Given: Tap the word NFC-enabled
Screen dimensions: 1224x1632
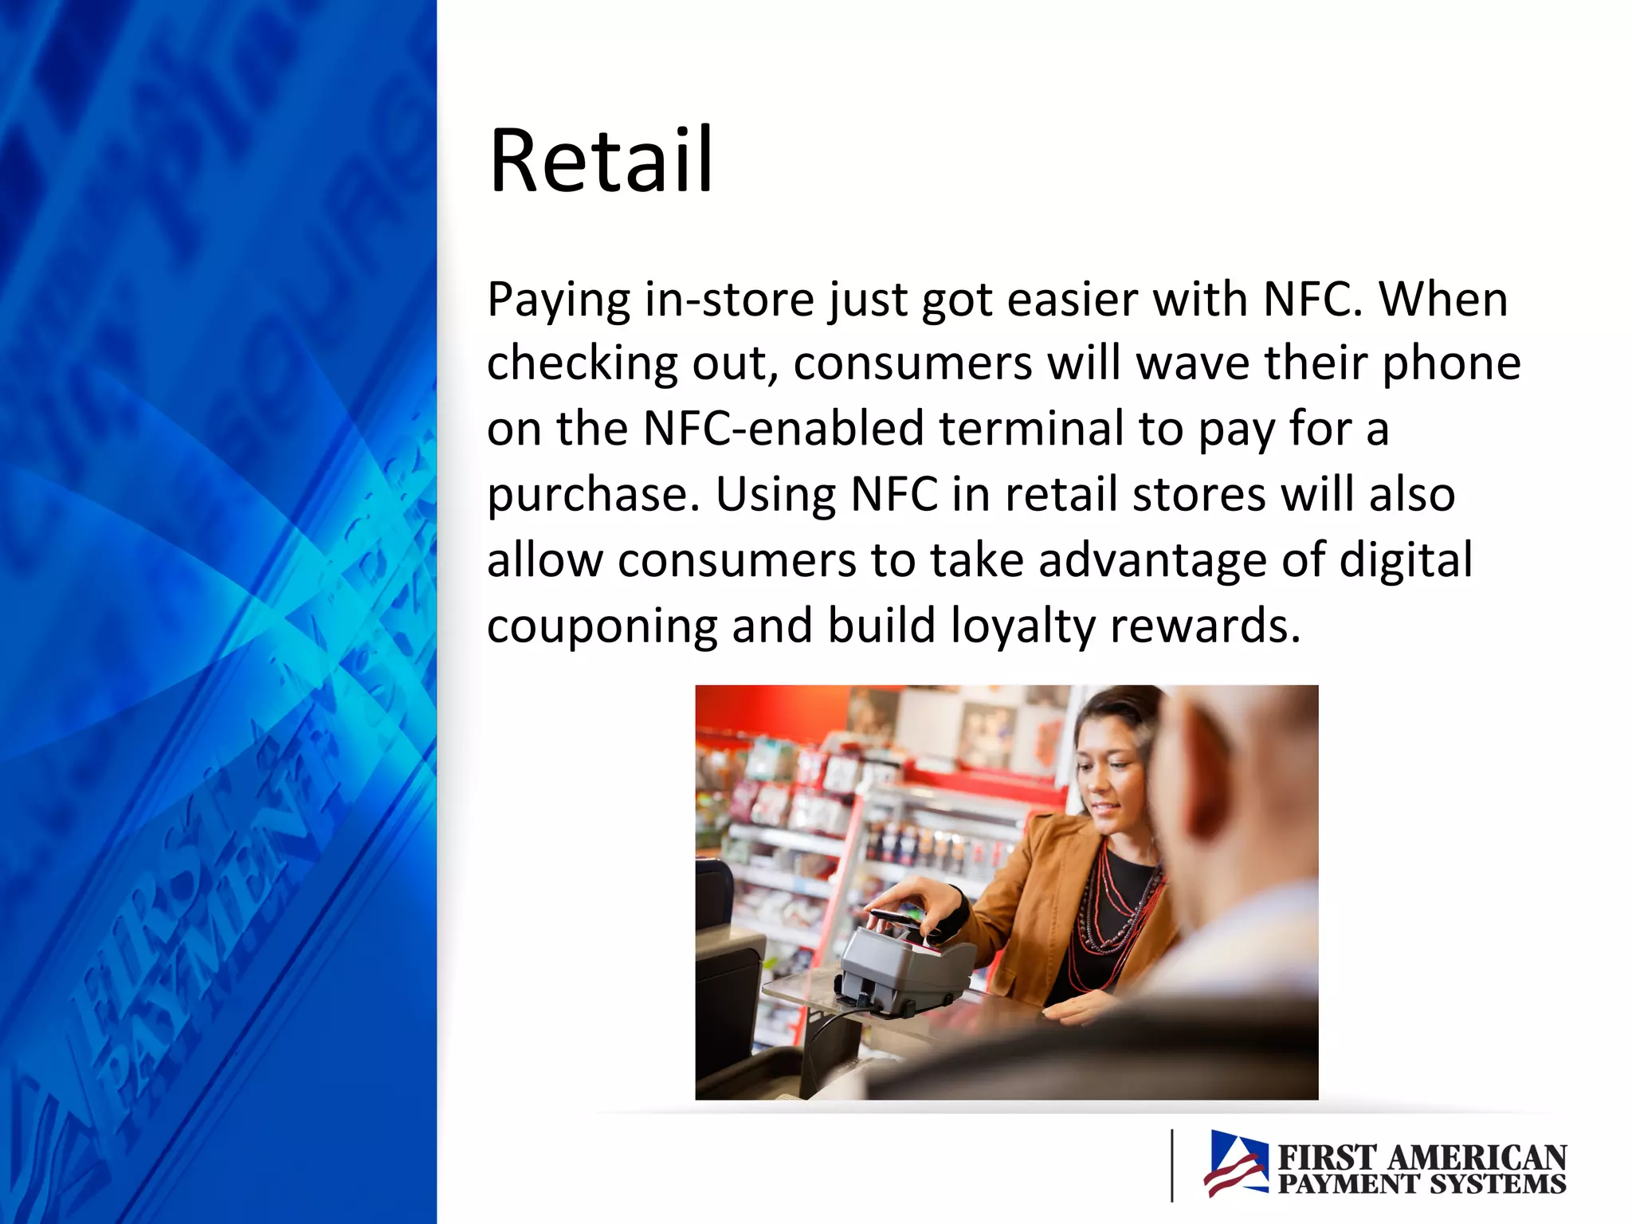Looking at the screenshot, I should (783, 429).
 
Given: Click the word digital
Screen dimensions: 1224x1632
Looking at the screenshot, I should (1406, 561).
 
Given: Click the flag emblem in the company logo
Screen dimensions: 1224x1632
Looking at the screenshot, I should (1236, 1163).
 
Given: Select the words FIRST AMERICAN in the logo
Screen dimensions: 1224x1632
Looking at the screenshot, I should (1422, 1156).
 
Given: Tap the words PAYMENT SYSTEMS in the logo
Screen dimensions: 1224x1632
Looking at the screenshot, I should (1422, 1184).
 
